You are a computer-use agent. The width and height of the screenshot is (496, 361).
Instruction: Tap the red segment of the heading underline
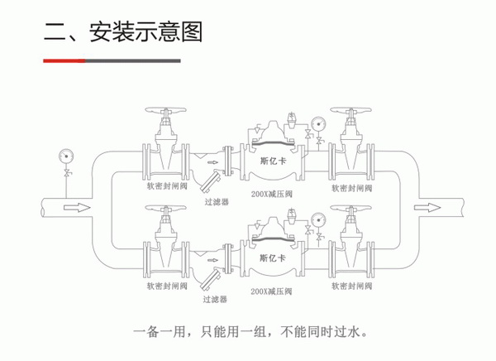64,61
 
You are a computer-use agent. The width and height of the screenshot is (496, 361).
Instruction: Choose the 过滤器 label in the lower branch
212,299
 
